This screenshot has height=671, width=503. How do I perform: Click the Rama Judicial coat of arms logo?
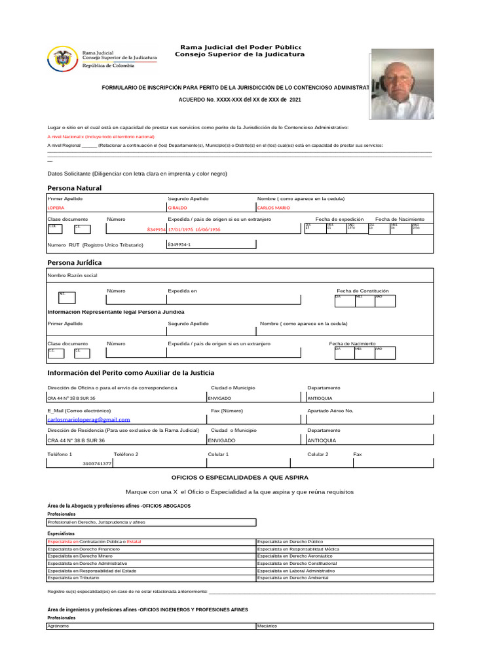point(62,60)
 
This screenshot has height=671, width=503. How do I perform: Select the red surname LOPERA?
point(56,208)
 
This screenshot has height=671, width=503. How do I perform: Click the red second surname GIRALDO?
point(179,208)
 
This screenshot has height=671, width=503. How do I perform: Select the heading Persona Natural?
point(74,188)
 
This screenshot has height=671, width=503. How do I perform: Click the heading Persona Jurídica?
point(74,263)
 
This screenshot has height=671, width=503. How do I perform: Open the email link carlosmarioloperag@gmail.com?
point(88,419)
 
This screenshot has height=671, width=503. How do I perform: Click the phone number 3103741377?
point(97,463)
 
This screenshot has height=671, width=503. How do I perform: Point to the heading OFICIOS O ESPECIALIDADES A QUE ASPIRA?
point(240,478)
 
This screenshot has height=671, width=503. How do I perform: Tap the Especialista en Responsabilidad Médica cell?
point(299,548)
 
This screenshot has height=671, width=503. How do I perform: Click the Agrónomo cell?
point(58,626)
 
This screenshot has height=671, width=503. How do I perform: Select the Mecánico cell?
point(268,626)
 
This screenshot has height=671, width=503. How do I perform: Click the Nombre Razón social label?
point(72,276)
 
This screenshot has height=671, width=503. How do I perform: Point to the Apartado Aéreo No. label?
point(330,410)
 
